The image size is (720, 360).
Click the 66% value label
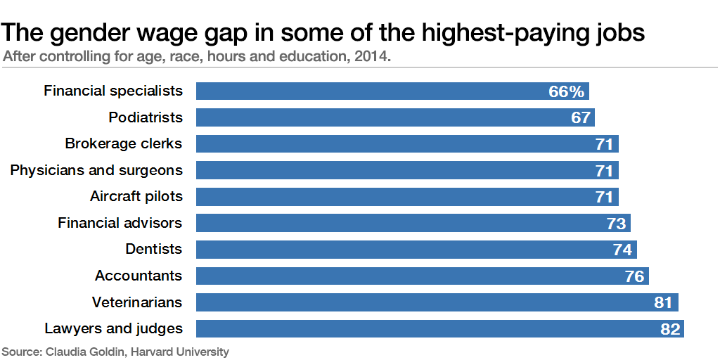(x=567, y=91)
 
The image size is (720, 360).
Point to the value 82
(x=669, y=329)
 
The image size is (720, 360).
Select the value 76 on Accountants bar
(x=634, y=276)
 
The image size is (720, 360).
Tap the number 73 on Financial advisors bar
(x=616, y=224)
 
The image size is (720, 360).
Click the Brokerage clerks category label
(x=123, y=143)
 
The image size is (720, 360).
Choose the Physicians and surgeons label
(x=96, y=170)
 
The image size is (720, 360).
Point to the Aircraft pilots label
(x=136, y=196)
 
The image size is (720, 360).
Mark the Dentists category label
(x=153, y=249)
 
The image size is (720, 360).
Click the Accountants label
(x=139, y=276)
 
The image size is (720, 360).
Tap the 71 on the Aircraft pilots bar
(x=604, y=197)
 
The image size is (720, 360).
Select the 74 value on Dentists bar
(x=622, y=250)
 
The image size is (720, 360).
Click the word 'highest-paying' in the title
(x=515, y=32)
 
